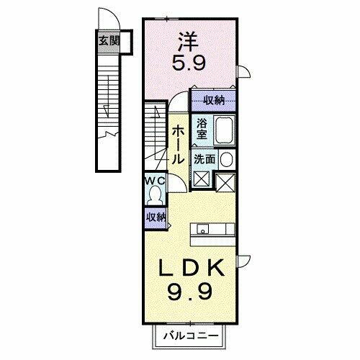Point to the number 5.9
[x=189, y=63]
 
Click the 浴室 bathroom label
[x=202, y=129]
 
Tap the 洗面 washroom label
[x=204, y=160]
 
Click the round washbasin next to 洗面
[x=226, y=159]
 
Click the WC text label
[x=157, y=181]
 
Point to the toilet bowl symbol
[x=157, y=194]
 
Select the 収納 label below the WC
[x=156, y=217]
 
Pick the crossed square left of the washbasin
[x=201, y=179]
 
